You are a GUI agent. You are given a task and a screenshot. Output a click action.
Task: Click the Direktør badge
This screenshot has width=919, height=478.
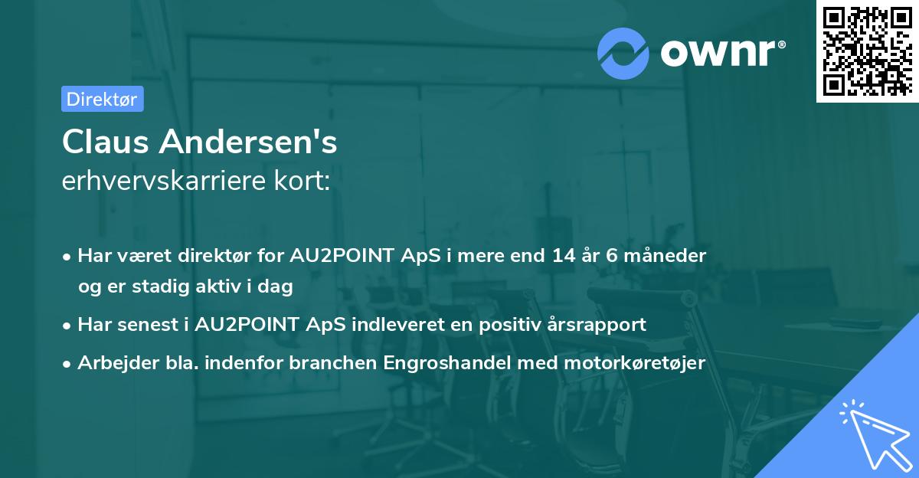tap(102, 99)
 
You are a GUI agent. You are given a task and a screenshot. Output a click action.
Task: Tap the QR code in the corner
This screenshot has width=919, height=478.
tap(867, 51)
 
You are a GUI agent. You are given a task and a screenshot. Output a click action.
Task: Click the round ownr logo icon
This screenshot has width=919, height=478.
tap(623, 52)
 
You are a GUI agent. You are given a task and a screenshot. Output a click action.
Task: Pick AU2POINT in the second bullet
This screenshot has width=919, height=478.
tap(244, 324)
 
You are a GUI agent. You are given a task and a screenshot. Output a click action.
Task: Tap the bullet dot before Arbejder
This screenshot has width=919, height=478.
tap(68, 364)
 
